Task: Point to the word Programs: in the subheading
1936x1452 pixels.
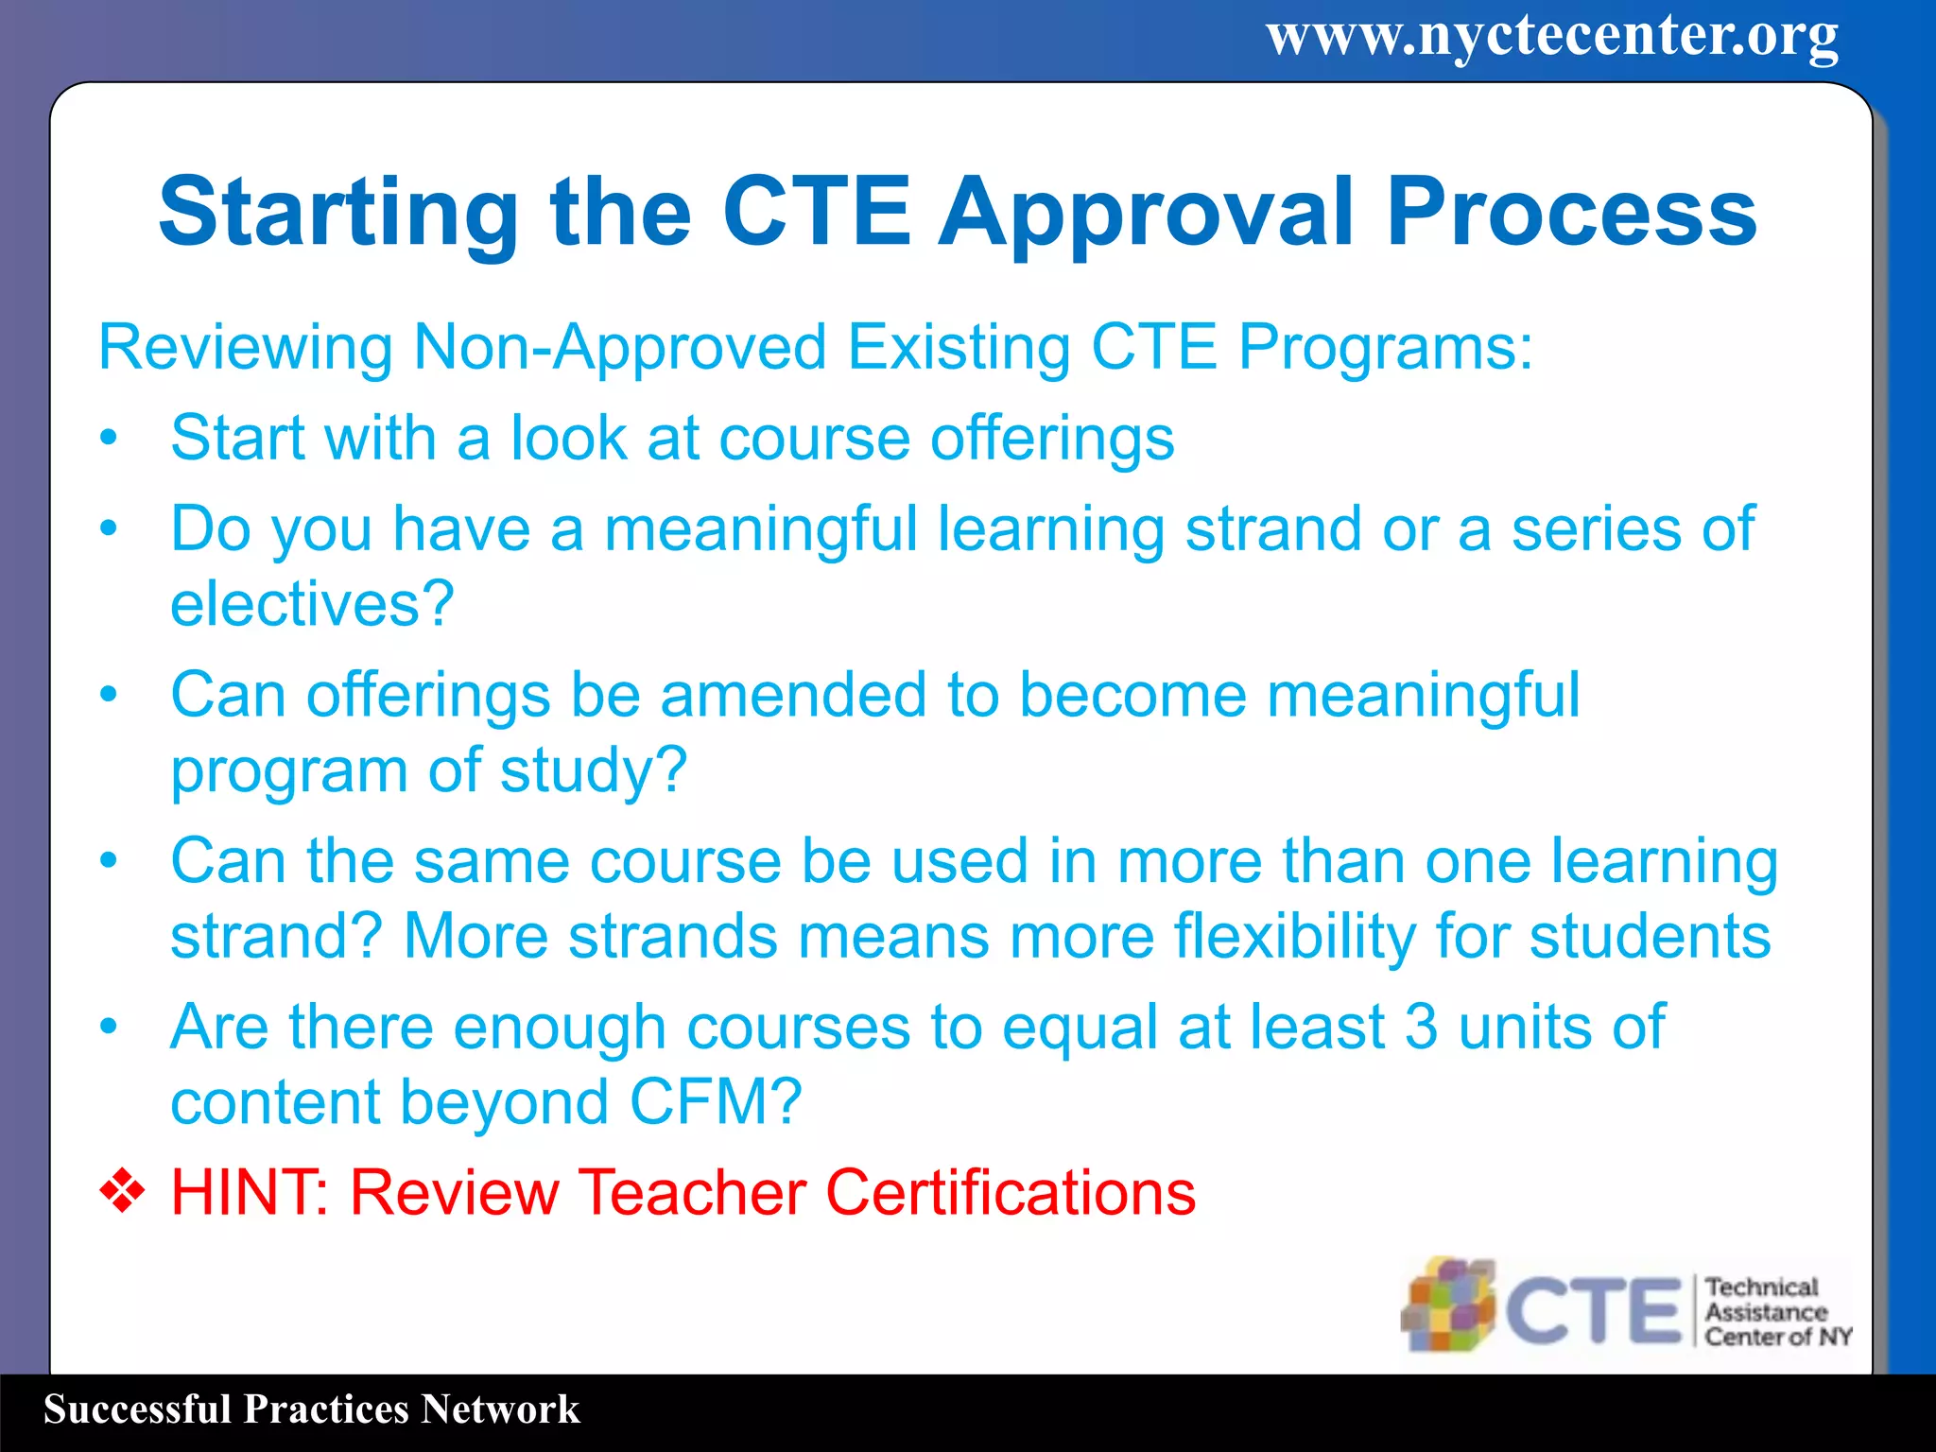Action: click(1385, 347)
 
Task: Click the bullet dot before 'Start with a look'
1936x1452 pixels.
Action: click(110, 438)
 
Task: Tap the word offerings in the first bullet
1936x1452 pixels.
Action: click(1052, 438)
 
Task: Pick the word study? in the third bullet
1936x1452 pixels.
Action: click(593, 769)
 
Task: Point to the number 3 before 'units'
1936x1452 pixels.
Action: click(1421, 1027)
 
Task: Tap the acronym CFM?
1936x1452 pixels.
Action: click(716, 1101)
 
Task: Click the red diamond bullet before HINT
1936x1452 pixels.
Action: click(123, 1191)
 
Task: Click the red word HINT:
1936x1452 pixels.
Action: click(250, 1192)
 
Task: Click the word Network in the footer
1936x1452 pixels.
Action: click(500, 1409)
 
